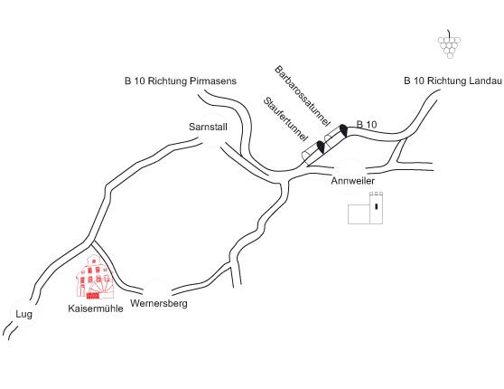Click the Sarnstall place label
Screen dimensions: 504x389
208,127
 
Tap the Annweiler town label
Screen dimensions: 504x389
353,181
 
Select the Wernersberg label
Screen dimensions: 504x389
159,303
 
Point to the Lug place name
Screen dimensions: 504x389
23,314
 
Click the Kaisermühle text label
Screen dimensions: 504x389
96,308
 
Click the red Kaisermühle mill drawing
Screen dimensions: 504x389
95,276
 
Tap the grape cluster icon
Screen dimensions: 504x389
450,44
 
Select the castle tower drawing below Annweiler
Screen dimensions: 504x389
366,208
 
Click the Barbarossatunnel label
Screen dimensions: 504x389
303,96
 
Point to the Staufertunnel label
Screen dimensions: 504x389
285,119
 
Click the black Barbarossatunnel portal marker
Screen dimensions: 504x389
343,130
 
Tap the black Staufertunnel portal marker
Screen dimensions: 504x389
322,147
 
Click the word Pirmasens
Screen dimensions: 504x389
213,81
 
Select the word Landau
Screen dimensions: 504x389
485,81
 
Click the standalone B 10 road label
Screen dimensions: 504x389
367,124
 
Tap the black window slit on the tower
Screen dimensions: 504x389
376,206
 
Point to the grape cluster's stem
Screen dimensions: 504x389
449,33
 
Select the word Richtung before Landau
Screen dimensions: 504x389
447,81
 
